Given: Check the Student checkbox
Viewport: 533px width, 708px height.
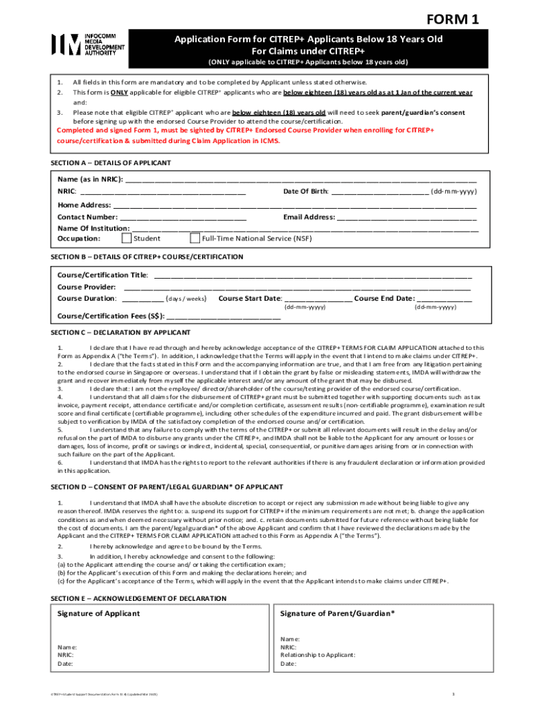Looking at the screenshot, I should click(x=127, y=239).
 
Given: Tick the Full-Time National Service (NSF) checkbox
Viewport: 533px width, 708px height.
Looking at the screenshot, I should click(x=195, y=239).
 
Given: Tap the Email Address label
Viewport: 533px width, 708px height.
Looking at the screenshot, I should click(x=309, y=217).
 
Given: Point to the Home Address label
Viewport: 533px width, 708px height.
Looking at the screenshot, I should click(x=84, y=205).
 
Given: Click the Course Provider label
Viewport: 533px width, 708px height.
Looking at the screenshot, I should click(x=87, y=287).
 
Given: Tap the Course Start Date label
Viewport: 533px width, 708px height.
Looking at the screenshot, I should click(x=250, y=298).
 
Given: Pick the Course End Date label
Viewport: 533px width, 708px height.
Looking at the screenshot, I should click(x=384, y=298).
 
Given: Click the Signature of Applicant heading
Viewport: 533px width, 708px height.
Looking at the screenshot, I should click(x=98, y=613).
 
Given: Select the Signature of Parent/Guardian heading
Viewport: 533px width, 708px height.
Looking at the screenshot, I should click(x=338, y=613).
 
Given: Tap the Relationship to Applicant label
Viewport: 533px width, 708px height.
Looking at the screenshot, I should click(x=318, y=655).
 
